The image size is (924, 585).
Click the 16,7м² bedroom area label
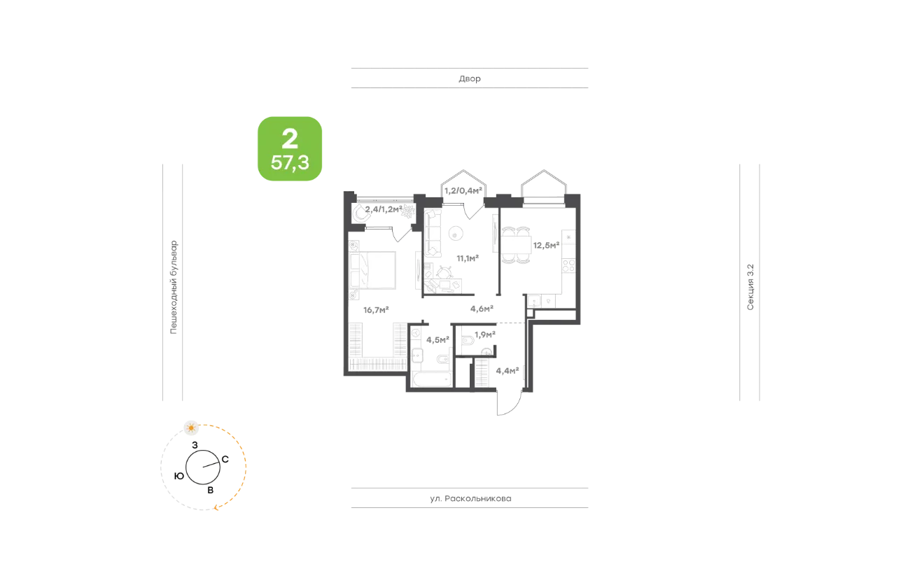pos(376,309)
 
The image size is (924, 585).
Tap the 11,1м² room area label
pos(468,258)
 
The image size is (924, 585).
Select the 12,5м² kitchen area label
pos(546,246)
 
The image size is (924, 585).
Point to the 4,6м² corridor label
pos(482,309)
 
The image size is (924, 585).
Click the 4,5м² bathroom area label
pos(437,339)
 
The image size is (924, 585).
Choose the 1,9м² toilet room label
pos(484,334)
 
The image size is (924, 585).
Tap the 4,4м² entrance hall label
pos(507,371)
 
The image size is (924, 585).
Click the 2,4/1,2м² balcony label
pos(384,209)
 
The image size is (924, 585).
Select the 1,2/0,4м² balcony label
pos(463,190)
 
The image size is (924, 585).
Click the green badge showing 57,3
pos(290,149)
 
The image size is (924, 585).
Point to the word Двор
pos(470,78)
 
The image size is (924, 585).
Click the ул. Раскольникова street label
pos(470,498)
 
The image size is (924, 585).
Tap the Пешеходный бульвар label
pos(174,287)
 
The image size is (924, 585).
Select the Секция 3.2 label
pos(750,287)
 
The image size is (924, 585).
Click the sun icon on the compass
pos(191,428)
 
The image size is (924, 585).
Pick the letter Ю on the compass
pos(179,476)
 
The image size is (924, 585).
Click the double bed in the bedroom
pos(373,270)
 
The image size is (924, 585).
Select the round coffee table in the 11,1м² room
pos(456,234)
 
